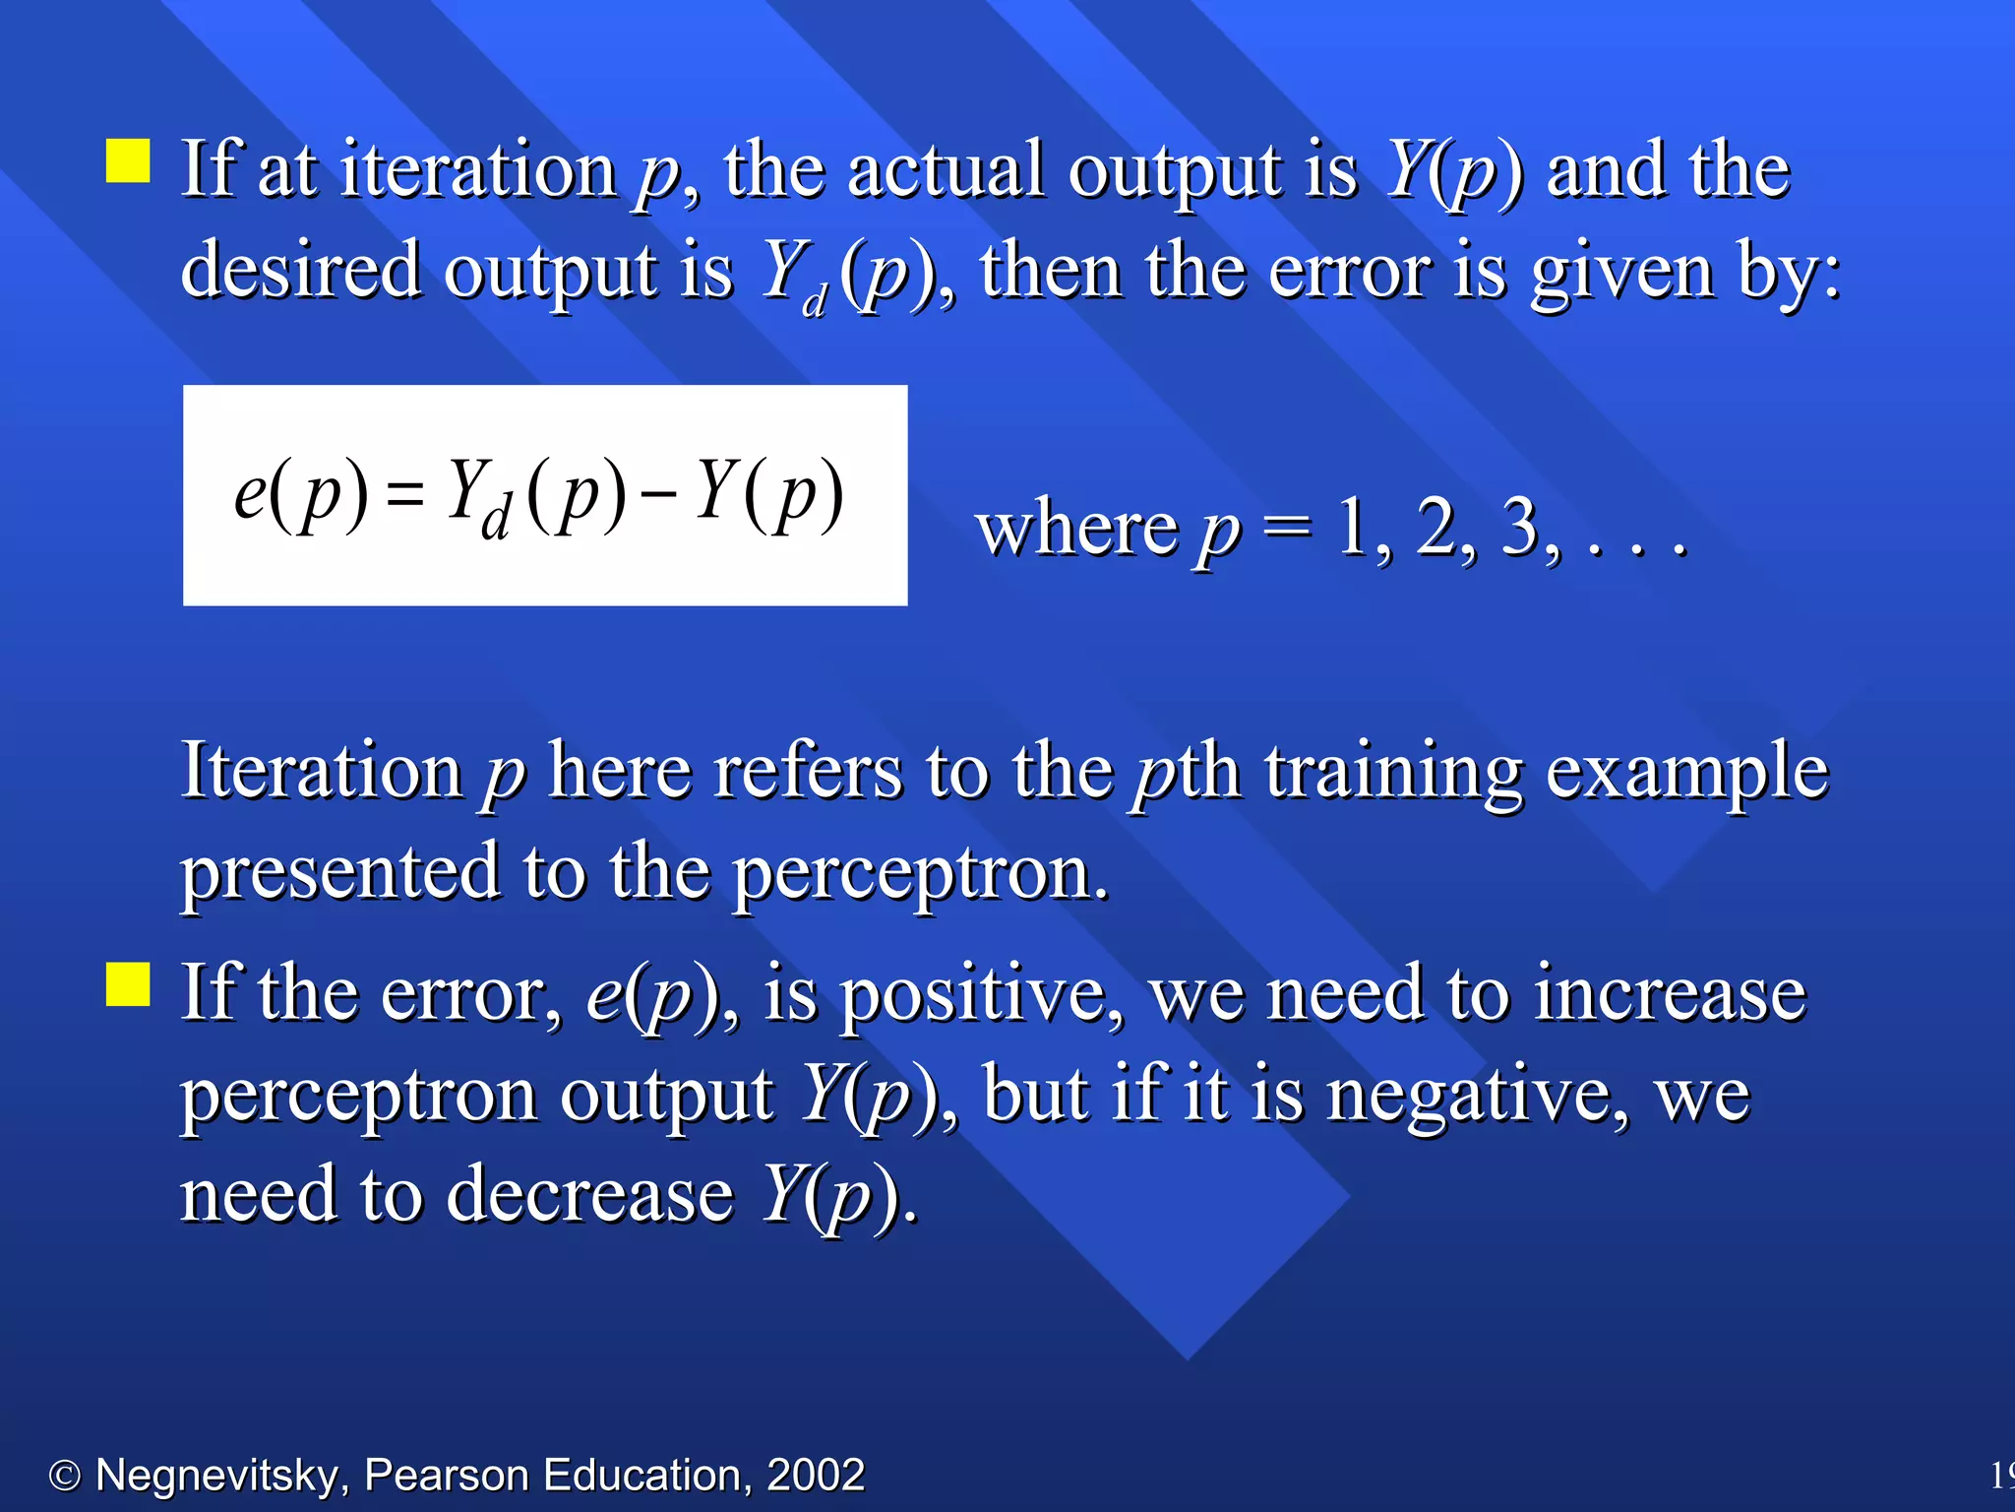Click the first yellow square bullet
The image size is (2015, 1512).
tap(128, 160)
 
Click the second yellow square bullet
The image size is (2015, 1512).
tap(128, 984)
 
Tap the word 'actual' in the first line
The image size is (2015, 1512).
tap(945, 169)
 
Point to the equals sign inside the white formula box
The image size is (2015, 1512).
tap(404, 495)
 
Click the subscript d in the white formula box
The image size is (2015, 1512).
tap(496, 516)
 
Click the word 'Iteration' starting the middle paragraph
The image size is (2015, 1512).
tap(321, 770)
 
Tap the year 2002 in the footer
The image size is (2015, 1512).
tap(815, 1475)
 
